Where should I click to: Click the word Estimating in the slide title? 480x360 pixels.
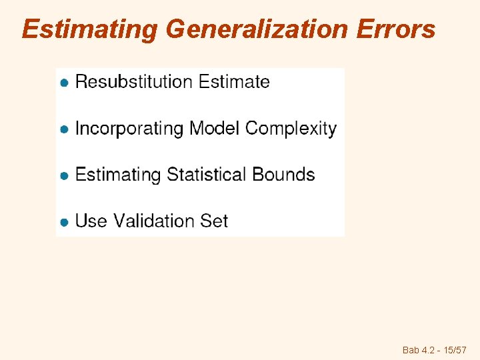pyautogui.click(x=90, y=30)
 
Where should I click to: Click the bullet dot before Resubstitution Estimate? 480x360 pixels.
pyautogui.click(x=65, y=83)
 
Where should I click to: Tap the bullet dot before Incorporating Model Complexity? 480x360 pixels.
pyautogui.click(x=65, y=130)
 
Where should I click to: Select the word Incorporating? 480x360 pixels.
pyautogui.click(x=129, y=129)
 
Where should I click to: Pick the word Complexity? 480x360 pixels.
pyautogui.click(x=291, y=129)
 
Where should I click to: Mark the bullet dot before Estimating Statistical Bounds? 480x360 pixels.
pyautogui.click(x=65, y=176)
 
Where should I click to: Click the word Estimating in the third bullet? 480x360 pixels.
pyautogui.click(x=118, y=175)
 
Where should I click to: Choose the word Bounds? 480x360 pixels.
pyautogui.click(x=284, y=175)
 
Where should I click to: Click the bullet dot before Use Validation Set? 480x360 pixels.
pyautogui.click(x=65, y=222)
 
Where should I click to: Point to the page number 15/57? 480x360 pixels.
pyautogui.click(x=453, y=350)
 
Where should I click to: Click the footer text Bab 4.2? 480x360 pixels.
pyautogui.click(x=417, y=350)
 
